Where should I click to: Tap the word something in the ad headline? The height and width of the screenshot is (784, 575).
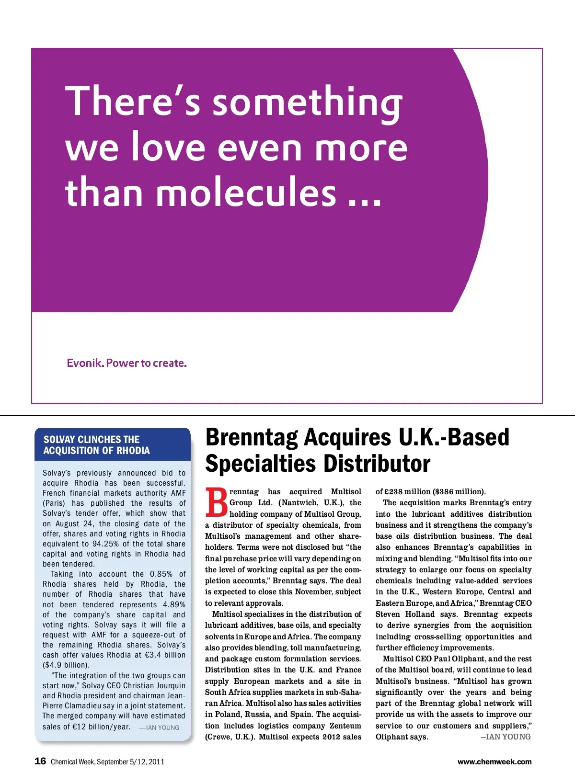coord(308,102)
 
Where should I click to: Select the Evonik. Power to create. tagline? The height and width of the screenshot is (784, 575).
coord(126,363)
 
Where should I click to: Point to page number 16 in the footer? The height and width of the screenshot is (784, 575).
coord(40,761)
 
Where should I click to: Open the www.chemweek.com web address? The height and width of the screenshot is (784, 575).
coord(494,761)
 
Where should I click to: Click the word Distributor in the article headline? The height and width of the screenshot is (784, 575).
coord(377,464)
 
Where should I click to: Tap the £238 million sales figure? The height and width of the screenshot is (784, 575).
coord(407,492)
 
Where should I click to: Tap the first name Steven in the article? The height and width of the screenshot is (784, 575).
coord(388,614)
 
